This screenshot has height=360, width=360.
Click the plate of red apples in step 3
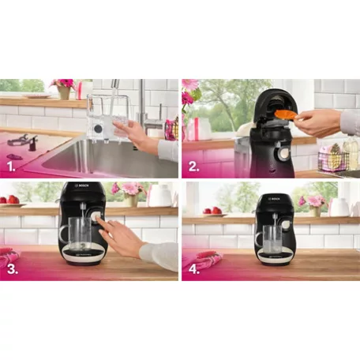pos(9,201)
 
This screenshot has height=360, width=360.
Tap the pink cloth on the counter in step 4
pos(201,259)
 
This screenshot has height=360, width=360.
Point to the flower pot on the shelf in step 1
pos(64,92)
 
